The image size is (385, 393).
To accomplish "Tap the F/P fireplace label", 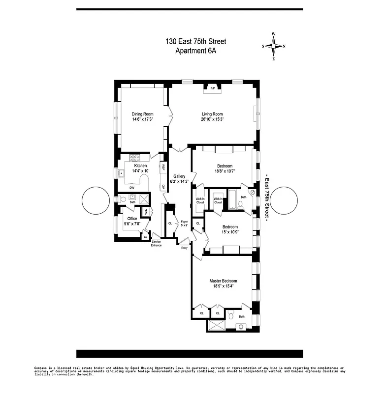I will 213,88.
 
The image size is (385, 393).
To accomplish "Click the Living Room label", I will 212,114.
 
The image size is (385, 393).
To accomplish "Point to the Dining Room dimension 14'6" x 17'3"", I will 143,119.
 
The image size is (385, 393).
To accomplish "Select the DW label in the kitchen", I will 132,187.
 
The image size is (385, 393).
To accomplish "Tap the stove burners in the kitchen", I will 135,158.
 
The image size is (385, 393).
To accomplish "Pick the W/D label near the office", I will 145,212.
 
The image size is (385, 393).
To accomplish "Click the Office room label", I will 132,219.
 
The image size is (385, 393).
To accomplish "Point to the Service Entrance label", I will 156,243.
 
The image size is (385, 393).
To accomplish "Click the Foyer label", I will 184,222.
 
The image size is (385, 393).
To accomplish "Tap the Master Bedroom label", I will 223,281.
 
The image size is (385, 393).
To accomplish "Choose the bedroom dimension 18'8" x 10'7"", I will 225,171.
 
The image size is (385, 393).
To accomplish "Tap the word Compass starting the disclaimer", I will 42,367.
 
